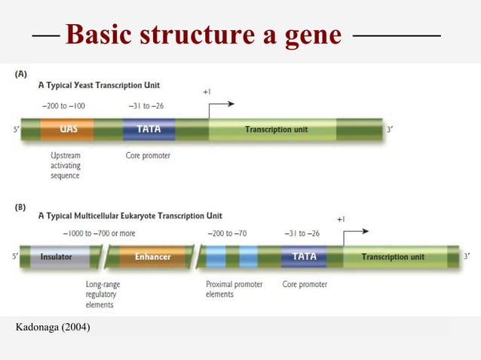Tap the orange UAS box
[68, 130]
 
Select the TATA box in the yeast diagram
[149, 130]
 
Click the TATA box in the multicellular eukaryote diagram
[304, 257]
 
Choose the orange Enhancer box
[152, 257]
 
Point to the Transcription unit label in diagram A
[276, 130]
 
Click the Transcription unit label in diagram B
[393, 257]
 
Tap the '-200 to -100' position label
[65, 105]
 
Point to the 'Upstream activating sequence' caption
[66, 166]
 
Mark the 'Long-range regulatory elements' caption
[103, 294]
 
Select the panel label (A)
[23, 74]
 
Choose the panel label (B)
[23, 204]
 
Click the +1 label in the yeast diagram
[207, 92]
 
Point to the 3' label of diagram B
[467, 257]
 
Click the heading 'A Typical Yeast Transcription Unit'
[99, 85]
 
